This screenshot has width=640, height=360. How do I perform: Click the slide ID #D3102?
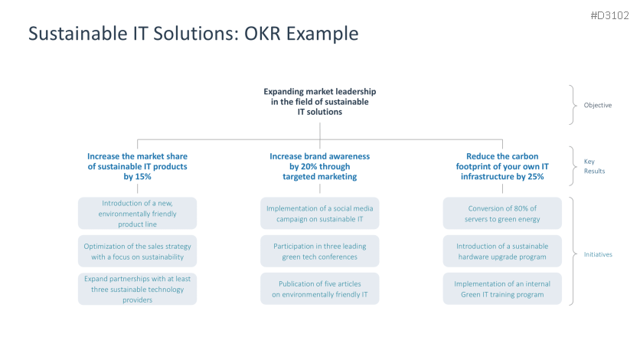609,15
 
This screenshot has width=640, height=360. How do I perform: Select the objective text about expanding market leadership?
319,101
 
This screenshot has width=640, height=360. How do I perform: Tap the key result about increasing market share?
137,166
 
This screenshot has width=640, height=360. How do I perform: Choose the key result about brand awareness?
319,166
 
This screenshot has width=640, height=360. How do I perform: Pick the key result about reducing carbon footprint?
502,166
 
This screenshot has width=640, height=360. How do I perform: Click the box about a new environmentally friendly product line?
137,214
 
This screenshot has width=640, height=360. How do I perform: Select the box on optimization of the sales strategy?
137,251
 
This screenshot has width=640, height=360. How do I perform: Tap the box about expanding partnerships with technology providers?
137,289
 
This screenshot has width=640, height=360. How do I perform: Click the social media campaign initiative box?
319,214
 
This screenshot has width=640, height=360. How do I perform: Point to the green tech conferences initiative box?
319,251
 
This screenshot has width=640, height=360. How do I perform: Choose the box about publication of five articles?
319,289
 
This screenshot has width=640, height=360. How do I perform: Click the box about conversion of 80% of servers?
502,214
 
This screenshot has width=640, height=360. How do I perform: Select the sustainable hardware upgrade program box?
502,251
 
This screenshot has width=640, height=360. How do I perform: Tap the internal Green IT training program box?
502,289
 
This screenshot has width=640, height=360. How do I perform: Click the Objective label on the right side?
597,105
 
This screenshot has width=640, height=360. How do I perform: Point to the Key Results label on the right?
594,166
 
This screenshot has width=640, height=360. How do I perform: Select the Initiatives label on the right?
598,254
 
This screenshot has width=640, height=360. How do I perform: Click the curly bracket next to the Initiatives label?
572,251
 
